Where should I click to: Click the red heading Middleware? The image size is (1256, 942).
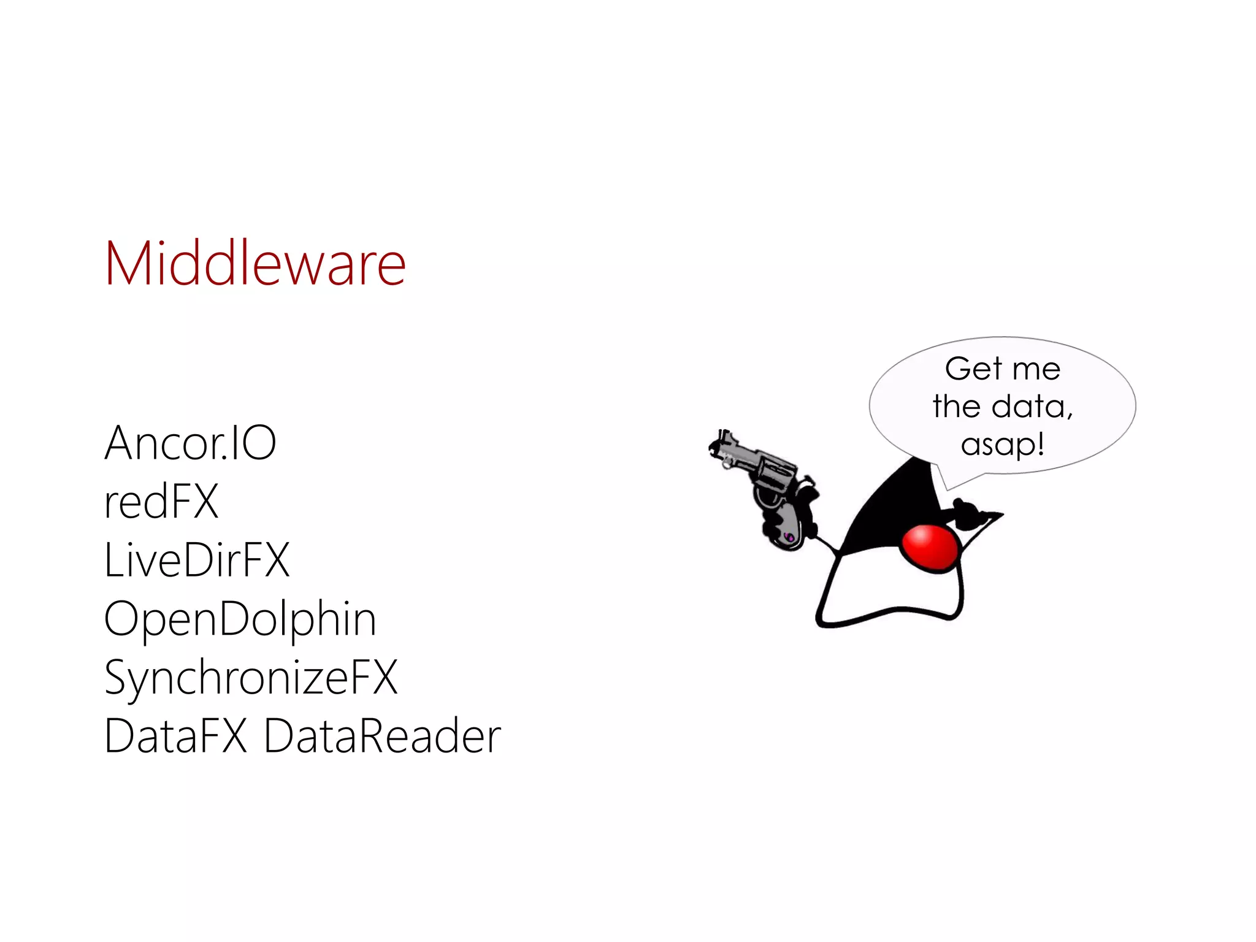255,264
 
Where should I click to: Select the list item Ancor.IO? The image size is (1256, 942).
190,443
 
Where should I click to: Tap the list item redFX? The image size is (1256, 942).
161,502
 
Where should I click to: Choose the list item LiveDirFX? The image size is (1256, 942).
197,560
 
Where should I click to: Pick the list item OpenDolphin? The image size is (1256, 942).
240,619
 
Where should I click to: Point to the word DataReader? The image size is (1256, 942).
382,736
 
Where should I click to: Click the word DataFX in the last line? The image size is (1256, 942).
175,736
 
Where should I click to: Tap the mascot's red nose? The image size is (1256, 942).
930,548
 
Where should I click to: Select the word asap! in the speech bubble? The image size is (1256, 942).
1003,445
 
